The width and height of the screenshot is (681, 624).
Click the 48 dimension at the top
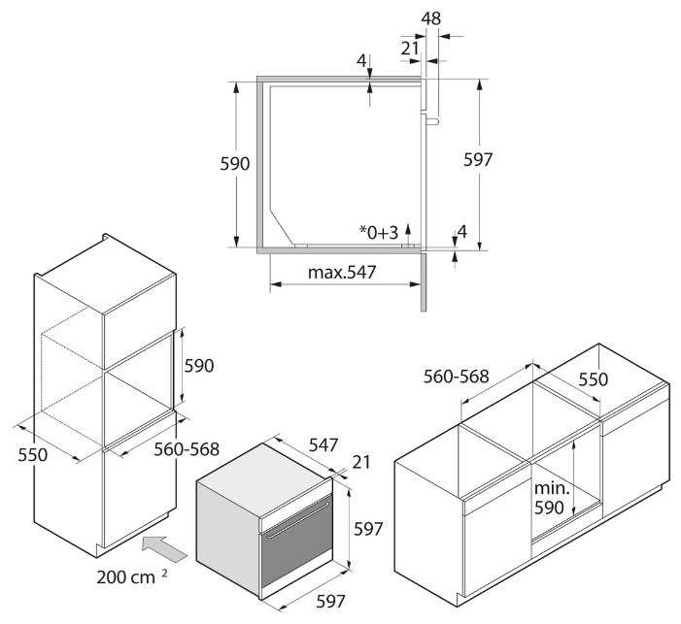tap(431, 17)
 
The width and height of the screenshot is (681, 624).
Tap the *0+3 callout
tap(379, 232)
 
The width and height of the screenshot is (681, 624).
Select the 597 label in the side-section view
tap(478, 160)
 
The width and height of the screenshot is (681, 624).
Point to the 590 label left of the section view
tap(236, 164)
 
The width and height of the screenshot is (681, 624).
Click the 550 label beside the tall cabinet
tap(34, 454)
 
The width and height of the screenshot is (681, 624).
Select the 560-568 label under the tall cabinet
tap(187, 449)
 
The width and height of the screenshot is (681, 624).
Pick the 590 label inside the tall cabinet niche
tap(198, 366)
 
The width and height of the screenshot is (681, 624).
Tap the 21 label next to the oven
tap(361, 463)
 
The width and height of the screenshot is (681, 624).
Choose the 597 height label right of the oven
tap(368, 529)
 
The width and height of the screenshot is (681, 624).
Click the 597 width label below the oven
tap(330, 601)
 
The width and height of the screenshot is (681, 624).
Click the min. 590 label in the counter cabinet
tap(551, 496)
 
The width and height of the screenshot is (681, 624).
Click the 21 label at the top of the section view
tap(410, 46)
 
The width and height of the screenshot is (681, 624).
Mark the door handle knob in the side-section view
tap(433, 119)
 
